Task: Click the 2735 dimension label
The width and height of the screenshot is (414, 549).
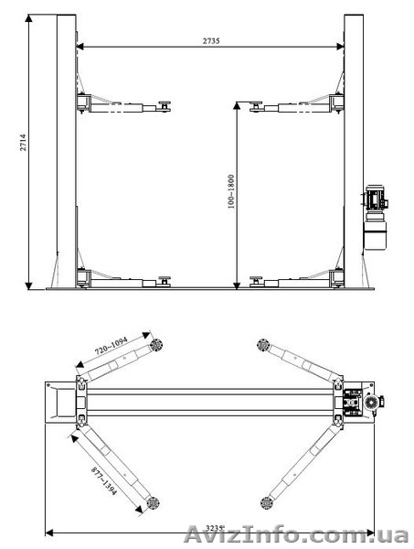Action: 211,41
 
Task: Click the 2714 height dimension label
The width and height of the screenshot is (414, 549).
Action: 23,142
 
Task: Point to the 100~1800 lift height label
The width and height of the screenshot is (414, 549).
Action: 231,192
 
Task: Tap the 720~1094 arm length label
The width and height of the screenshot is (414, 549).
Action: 111,346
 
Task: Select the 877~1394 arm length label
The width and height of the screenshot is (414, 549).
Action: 104,480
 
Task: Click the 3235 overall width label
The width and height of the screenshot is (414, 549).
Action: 214,528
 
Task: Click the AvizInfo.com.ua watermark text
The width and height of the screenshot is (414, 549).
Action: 296,535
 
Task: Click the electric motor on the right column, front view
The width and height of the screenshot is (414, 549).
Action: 376,199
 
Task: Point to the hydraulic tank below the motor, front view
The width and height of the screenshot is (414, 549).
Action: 376,231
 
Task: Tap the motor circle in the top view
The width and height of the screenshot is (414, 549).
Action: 371,403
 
